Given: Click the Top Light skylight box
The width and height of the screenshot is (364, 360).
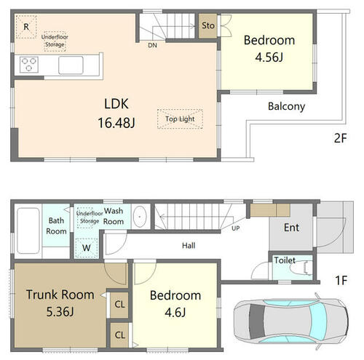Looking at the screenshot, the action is (180, 119).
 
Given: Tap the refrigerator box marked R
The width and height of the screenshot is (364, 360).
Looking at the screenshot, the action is (26, 27).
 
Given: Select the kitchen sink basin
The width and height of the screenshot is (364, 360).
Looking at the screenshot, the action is (71, 65).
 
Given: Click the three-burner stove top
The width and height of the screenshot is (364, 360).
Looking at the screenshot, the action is (29, 65).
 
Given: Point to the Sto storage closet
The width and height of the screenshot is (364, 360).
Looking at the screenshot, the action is (207, 25).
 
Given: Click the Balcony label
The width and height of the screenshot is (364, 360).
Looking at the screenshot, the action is (286, 107).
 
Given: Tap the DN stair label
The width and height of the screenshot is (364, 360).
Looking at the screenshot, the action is (152, 45).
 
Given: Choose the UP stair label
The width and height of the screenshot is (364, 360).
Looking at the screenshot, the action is (235, 228).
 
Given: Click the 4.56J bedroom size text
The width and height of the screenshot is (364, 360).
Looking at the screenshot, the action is (269, 57).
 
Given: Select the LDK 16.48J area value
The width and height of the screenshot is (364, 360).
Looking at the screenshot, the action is (116, 123).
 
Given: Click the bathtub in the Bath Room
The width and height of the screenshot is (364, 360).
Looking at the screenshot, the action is (28, 231).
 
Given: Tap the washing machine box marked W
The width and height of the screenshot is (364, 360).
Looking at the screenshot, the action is (86, 248).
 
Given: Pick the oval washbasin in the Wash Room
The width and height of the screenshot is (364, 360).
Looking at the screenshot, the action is (140, 217).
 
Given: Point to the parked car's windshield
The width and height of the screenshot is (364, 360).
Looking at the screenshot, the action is (318, 318).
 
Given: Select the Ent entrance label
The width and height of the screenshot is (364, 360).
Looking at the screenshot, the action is (291, 228).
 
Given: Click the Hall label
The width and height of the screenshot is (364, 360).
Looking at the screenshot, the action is (189, 246).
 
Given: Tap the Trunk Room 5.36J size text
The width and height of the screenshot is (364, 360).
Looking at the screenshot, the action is (60, 312).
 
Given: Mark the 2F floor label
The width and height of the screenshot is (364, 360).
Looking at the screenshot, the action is (340, 138).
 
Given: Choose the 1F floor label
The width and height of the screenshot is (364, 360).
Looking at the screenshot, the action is (341, 280).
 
